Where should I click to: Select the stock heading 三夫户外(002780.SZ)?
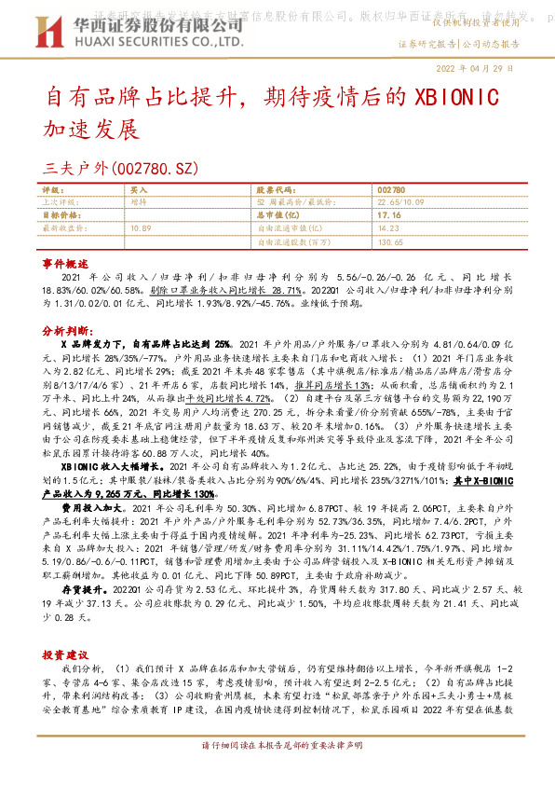pos(134,169)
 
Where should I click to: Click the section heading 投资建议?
pos(64,656)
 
